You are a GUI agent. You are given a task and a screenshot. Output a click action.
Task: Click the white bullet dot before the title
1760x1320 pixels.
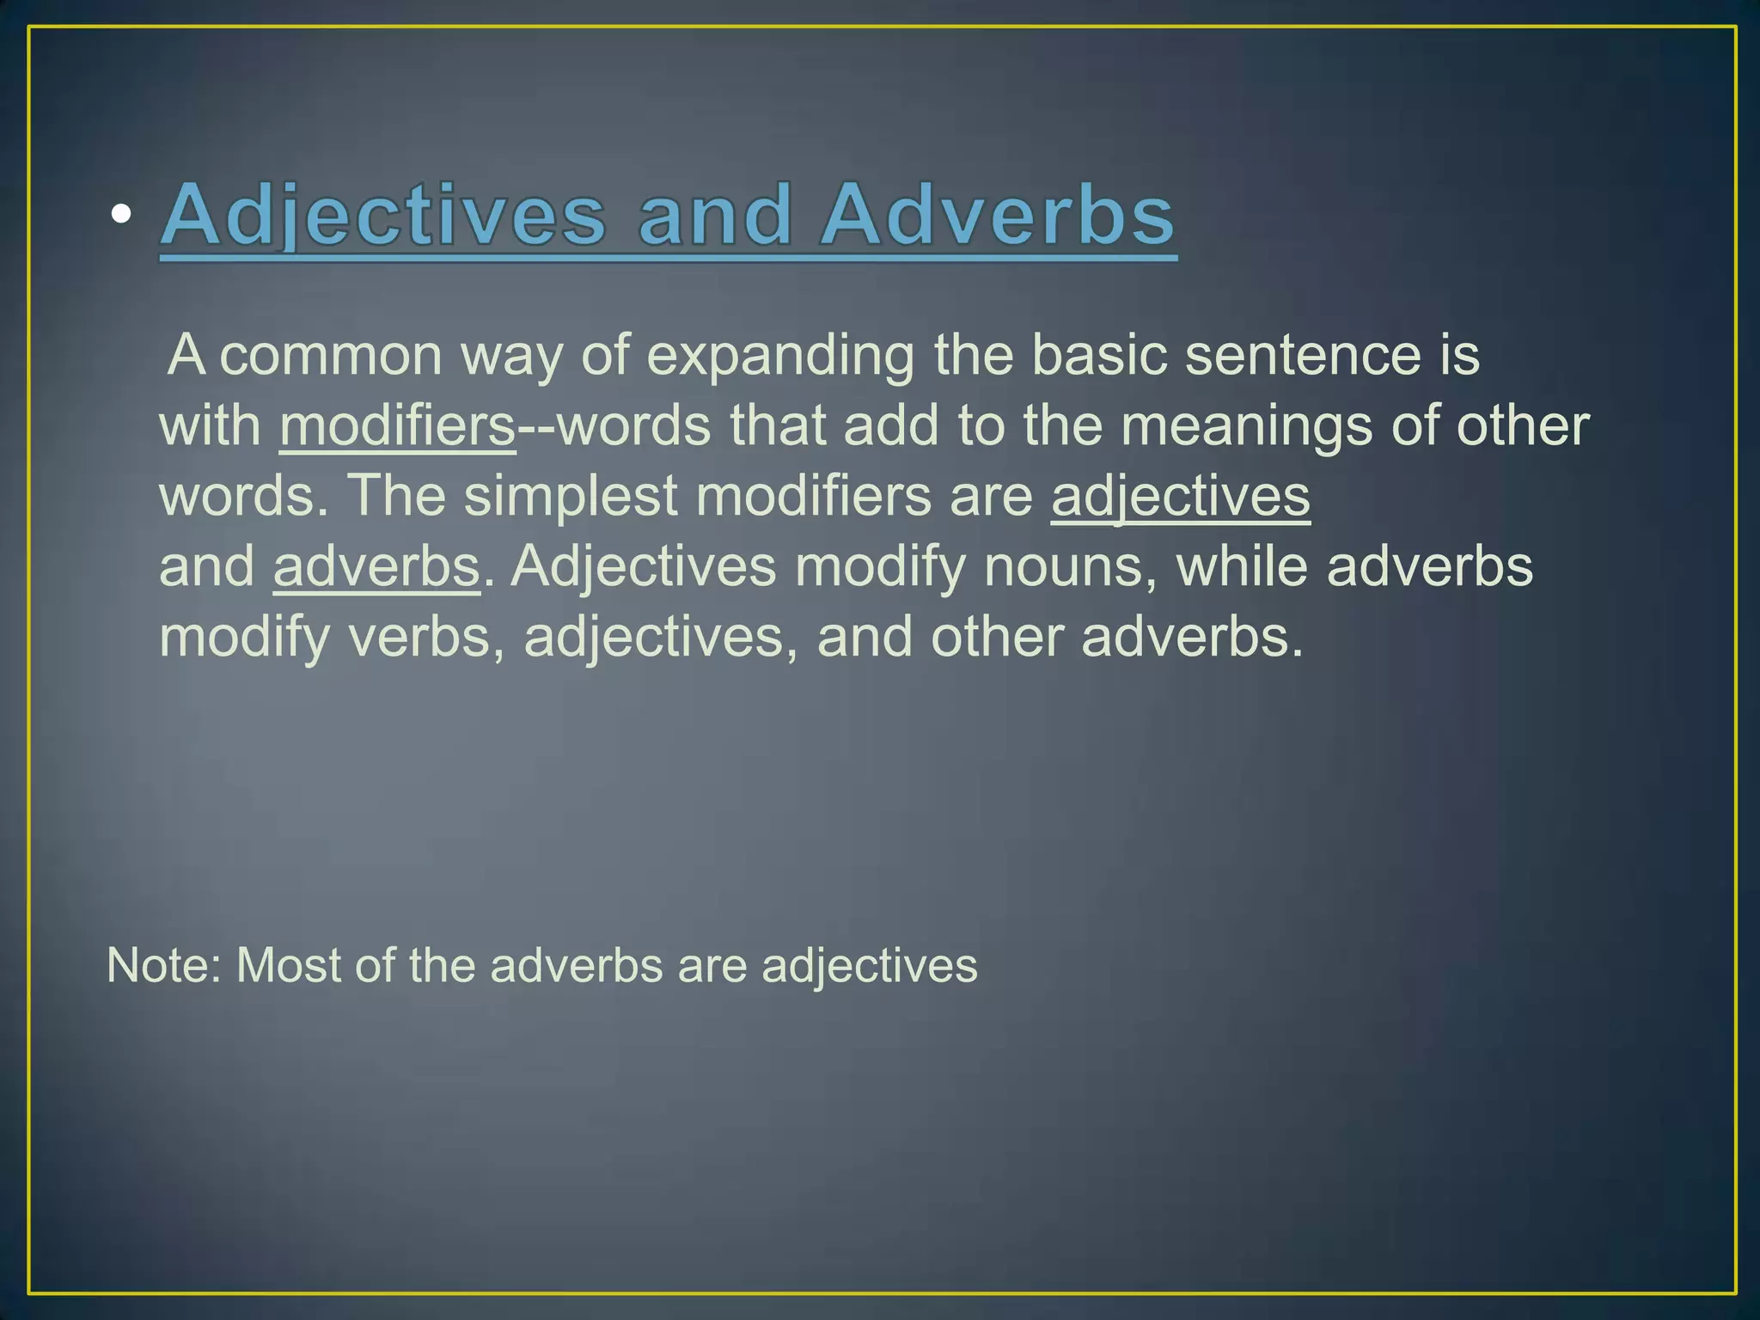point(121,215)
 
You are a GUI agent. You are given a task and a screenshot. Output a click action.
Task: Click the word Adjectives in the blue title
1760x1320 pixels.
point(383,215)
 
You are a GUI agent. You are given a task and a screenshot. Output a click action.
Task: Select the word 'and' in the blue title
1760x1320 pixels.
point(714,215)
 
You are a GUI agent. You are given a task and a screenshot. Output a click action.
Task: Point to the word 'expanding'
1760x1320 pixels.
point(780,355)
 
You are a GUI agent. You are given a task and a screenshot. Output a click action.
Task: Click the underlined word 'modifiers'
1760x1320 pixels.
point(397,425)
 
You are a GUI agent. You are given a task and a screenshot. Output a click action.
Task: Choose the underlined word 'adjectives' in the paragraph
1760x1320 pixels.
point(1181,496)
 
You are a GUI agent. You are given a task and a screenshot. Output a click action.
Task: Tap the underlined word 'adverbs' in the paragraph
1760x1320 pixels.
point(376,566)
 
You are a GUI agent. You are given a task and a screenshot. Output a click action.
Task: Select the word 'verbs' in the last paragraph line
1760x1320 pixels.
point(419,637)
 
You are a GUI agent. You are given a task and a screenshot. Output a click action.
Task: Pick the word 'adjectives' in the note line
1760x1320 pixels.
point(870,965)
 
